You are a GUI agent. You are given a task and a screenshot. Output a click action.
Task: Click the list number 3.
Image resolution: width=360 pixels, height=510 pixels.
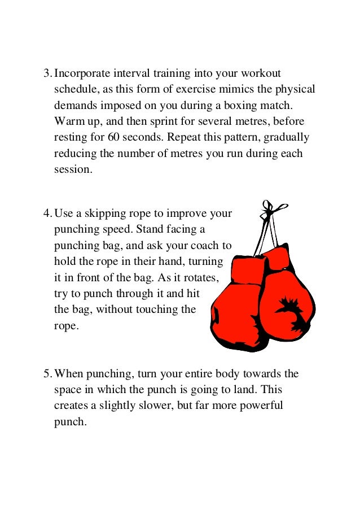click(x=47, y=74)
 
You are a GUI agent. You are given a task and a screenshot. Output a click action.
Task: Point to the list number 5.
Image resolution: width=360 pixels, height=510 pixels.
click(x=47, y=374)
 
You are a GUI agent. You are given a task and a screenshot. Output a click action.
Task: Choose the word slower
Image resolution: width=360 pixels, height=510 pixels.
click(x=153, y=406)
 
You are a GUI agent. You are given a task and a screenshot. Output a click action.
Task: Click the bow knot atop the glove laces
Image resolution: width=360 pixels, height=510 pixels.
click(x=269, y=211)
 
